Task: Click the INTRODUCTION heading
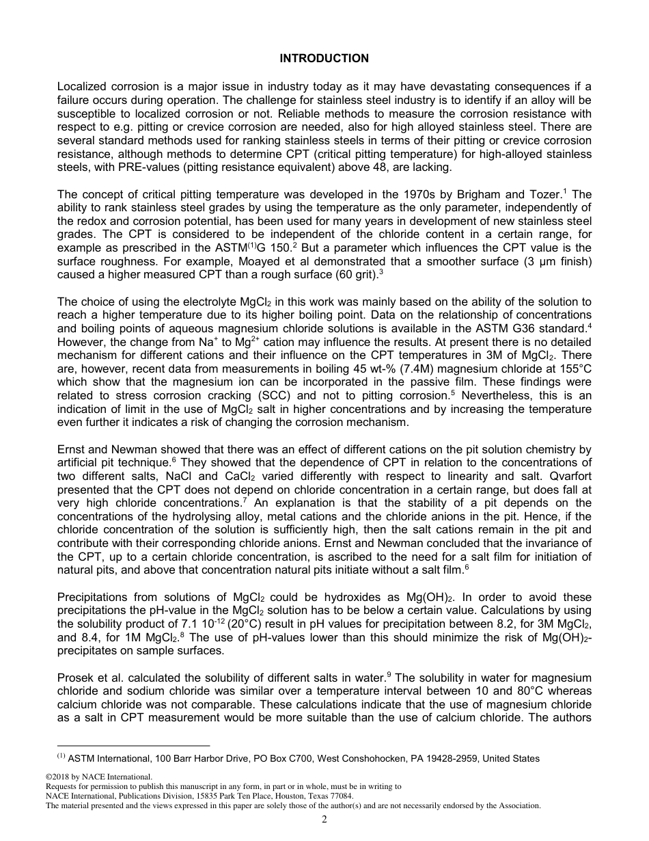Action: point(324,59)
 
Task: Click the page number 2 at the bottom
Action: point(324,820)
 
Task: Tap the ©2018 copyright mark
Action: point(62,777)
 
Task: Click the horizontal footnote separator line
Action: point(133,745)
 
